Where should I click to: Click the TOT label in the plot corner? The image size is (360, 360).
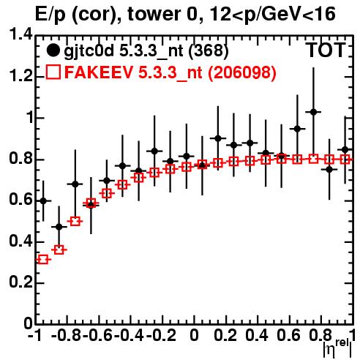(326, 50)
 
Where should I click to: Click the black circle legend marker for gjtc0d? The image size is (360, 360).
(53, 50)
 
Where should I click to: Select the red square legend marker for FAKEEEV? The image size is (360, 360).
(53, 72)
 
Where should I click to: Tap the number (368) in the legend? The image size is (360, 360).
(209, 50)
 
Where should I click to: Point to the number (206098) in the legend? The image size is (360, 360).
(242, 72)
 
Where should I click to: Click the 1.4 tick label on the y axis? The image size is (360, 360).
(20, 34)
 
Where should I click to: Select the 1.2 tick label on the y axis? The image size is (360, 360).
(20, 76)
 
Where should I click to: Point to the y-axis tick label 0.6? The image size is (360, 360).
(20, 200)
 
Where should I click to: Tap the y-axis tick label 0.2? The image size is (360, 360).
(20, 282)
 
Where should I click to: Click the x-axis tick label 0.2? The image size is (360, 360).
(225, 336)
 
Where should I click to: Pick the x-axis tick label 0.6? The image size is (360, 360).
(288, 336)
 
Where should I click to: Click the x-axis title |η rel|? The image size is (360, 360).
(337, 348)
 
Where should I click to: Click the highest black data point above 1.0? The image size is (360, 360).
(313, 112)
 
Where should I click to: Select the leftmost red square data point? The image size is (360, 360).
(43, 260)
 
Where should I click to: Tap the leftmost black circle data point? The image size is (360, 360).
(43, 201)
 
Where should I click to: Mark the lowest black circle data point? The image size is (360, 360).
(59, 227)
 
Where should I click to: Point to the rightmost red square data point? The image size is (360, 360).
(345, 160)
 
